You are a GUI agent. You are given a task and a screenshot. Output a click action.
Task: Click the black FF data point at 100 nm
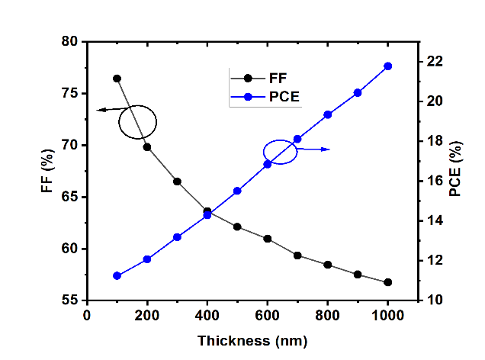(117, 79)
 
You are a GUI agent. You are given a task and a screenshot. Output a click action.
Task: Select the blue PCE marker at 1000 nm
(387, 66)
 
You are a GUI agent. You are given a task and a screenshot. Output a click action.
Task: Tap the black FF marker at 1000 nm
(387, 282)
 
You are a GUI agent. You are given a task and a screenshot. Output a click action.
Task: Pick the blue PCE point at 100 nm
(117, 275)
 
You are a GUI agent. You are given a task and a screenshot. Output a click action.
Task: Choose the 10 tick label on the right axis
(432, 301)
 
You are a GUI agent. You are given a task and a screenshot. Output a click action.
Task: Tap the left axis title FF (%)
(47, 172)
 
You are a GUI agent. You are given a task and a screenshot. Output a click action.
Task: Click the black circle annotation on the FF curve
(137, 122)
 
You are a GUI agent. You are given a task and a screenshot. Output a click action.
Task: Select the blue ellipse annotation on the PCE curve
(280, 151)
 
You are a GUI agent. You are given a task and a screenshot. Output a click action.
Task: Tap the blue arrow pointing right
(314, 149)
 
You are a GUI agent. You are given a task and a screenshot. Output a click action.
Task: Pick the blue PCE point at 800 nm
(328, 114)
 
